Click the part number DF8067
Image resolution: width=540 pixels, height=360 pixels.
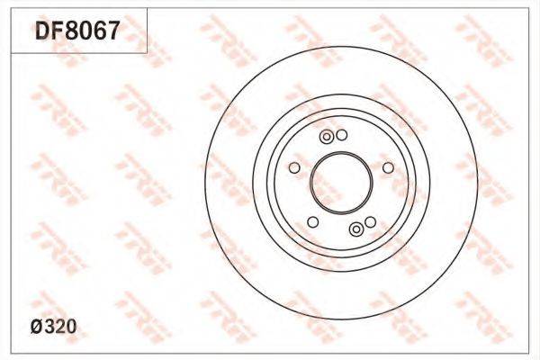(x=77, y=30)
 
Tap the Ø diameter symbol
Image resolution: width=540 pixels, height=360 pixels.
(x=37, y=327)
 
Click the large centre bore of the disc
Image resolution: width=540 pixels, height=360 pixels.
(x=341, y=183)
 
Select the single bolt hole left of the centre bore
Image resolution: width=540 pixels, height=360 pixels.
(x=294, y=167)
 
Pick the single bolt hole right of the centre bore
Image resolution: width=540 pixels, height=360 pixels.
(x=388, y=167)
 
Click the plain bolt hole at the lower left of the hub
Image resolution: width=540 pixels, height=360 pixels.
(x=312, y=222)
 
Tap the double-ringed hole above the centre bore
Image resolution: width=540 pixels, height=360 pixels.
(x=327, y=137)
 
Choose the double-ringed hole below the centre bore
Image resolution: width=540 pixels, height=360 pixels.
(x=356, y=229)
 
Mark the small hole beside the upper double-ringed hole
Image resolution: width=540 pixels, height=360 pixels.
(x=342, y=135)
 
